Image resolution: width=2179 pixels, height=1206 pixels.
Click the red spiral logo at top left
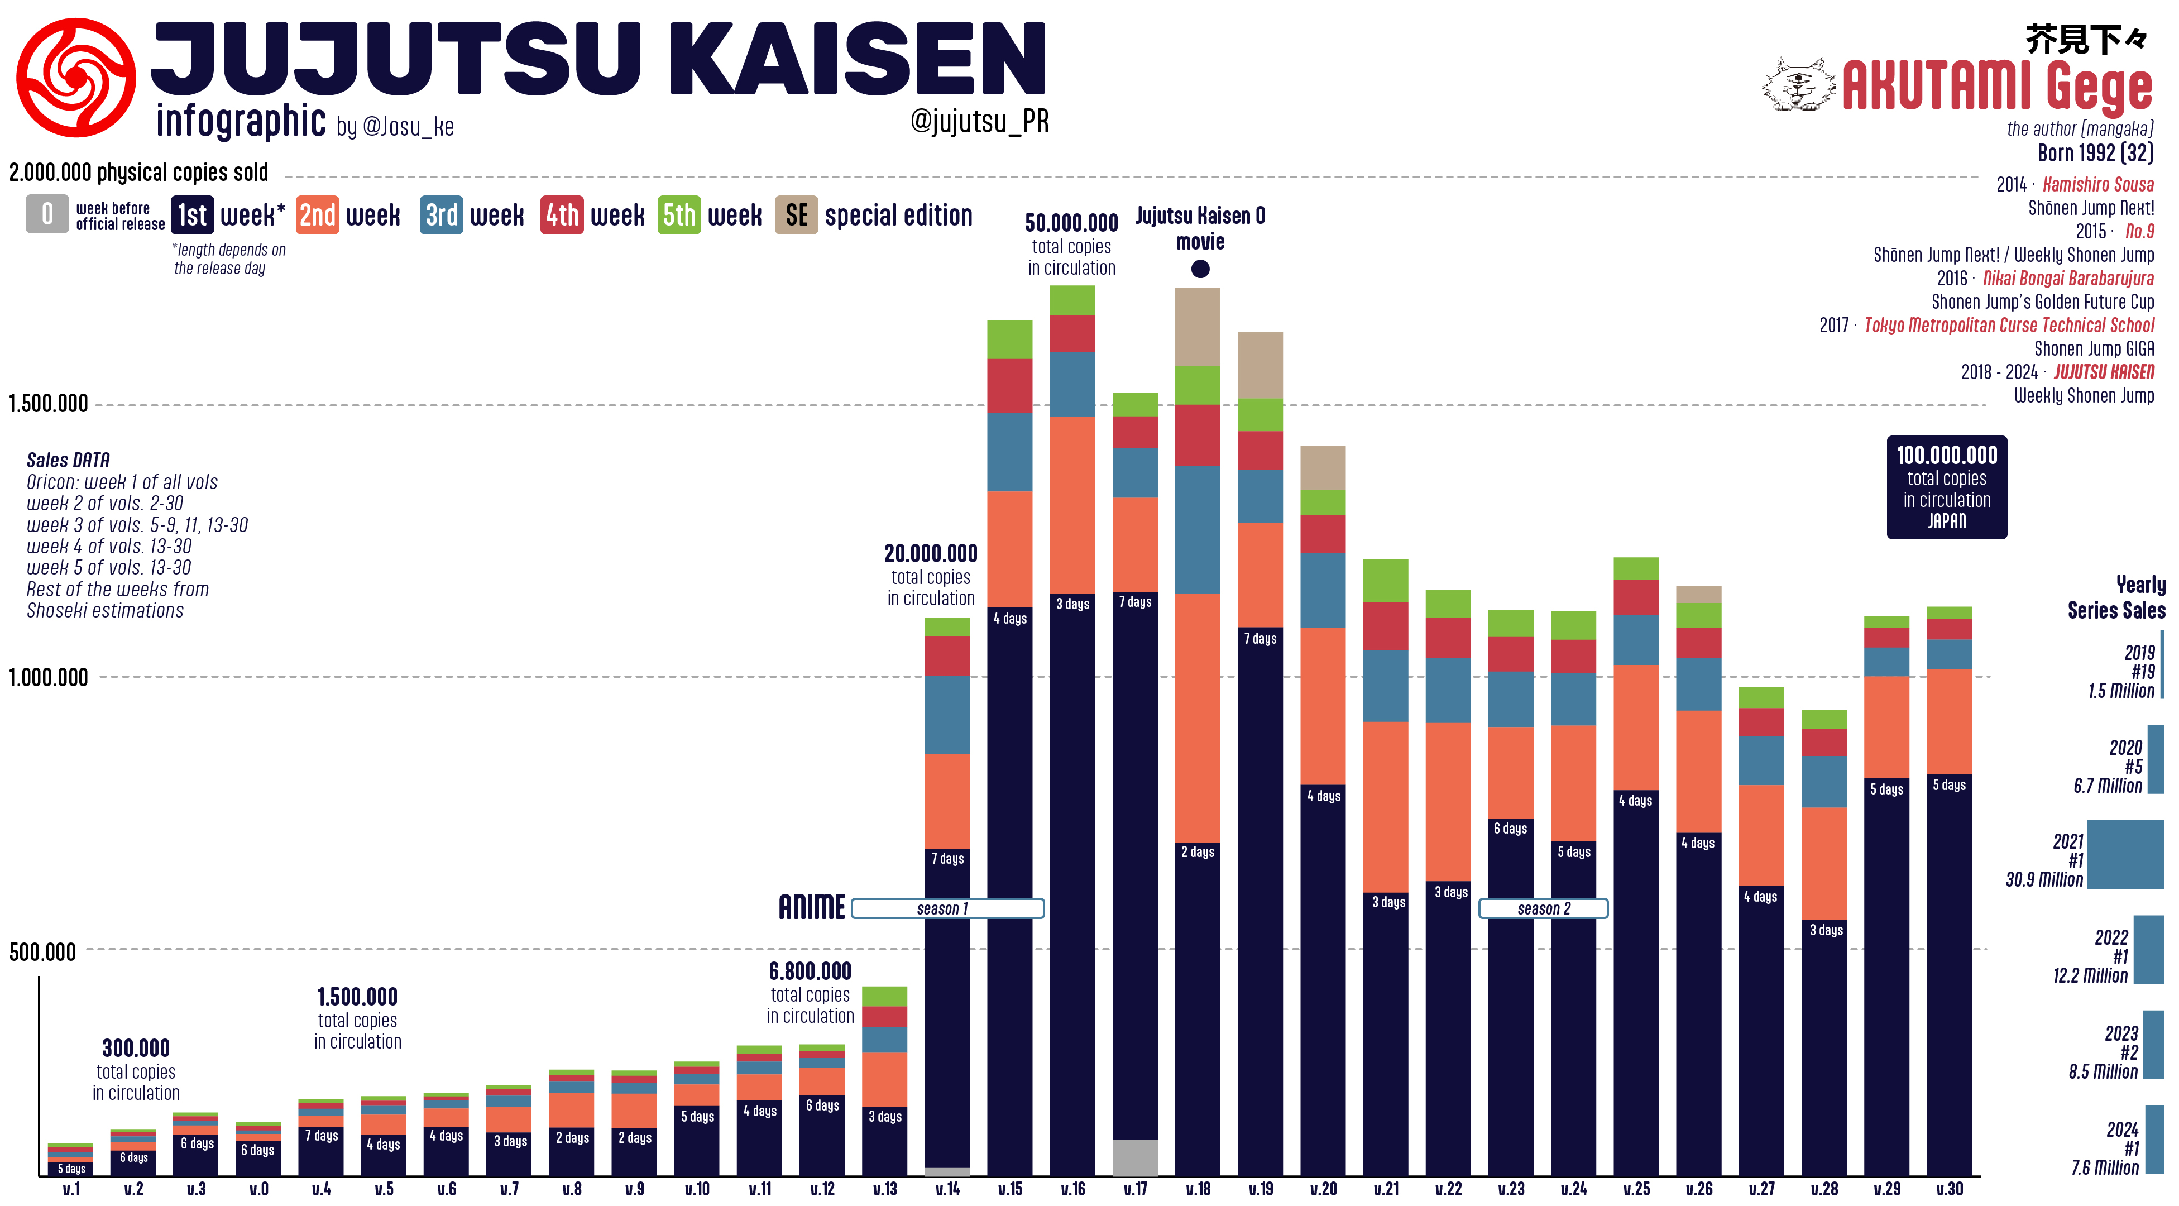point(75,78)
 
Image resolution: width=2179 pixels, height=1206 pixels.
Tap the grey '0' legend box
point(47,215)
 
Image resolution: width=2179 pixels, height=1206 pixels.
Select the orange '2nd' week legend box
point(317,215)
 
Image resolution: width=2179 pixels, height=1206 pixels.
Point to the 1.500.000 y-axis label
point(48,404)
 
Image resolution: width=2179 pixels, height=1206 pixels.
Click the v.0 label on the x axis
point(259,1189)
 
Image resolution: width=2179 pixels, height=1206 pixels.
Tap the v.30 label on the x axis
point(1949,1189)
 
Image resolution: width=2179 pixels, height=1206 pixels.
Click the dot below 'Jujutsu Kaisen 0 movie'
point(1199,269)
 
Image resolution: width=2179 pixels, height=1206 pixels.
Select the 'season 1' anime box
point(947,908)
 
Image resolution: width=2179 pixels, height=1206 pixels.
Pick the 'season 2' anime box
point(1543,908)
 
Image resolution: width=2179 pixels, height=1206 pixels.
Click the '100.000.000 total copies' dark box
point(1946,487)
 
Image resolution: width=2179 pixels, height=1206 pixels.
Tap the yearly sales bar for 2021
point(2125,854)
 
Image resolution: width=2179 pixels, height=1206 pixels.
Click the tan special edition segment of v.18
point(1197,327)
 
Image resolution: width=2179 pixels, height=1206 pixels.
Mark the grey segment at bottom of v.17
point(1134,1158)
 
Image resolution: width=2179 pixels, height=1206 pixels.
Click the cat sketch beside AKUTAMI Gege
point(1798,84)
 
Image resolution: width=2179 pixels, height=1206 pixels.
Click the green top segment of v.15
point(1009,339)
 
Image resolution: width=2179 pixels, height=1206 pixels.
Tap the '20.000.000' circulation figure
point(931,554)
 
